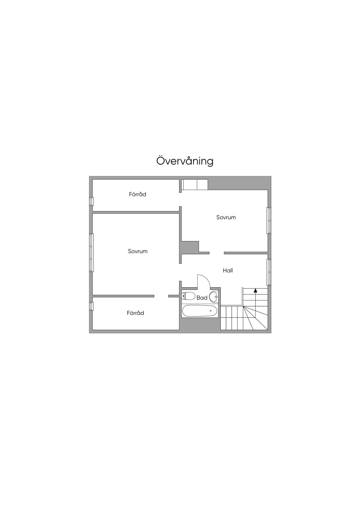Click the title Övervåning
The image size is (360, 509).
[x=185, y=161]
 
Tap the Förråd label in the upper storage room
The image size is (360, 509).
[x=137, y=194]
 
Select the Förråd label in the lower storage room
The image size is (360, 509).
[x=135, y=313]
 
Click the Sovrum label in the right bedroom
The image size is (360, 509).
[x=226, y=218]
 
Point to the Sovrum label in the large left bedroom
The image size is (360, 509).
[x=137, y=251]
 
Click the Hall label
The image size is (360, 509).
[x=228, y=271]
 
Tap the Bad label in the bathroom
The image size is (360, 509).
[x=202, y=298]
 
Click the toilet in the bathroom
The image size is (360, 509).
[x=188, y=296]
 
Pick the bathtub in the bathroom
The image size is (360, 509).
[x=199, y=311]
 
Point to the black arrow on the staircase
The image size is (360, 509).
[x=256, y=290]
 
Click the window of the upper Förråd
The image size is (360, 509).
[x=91, y=201]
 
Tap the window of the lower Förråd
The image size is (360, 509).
[x=91, y=306]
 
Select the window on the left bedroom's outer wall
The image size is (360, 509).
[x=91, y=252]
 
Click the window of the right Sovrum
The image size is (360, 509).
[x=269, y=220]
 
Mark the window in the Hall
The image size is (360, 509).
[x=269, y=272]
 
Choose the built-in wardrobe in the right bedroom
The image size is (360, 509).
[x=195, y=185]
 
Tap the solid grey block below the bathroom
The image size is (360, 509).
[x=199, y=324]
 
